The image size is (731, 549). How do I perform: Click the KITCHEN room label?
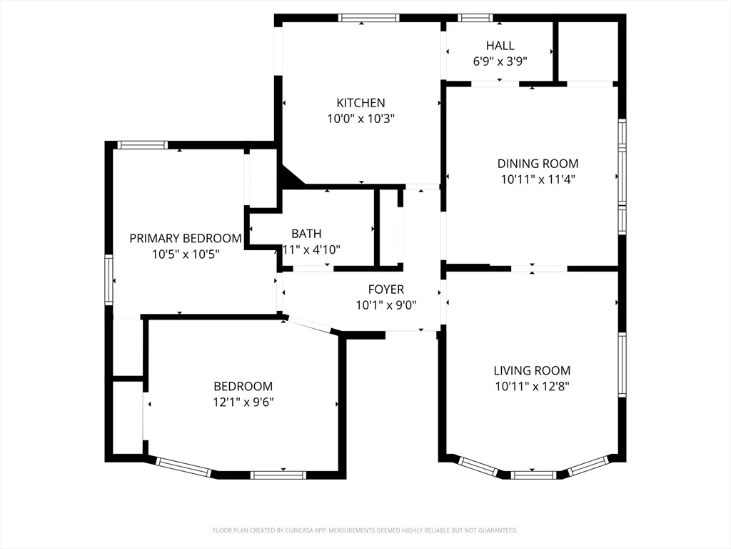[x=361, y=103]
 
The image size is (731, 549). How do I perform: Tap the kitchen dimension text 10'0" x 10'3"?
[x=361, y=119]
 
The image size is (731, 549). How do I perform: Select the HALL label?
[x=500, y=46]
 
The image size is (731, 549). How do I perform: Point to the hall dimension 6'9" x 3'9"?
[x=500, y=61]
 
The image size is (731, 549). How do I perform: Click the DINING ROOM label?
[x=538, y=164]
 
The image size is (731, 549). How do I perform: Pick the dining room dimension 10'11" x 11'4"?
[x=538, y=179]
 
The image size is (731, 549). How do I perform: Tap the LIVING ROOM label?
[x=532, y=370]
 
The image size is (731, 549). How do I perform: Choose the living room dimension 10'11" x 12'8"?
[x=532, y=386]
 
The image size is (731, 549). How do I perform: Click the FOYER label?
[x=385, y=290]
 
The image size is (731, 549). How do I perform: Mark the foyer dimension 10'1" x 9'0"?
[x=385, y=305]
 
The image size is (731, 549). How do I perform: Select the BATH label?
[x=306, y=234]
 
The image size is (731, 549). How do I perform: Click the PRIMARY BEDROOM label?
[x=186, y=238]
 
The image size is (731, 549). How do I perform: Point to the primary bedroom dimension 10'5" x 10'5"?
[x=186, y=254]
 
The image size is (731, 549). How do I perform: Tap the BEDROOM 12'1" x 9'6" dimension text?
[x=243, y=402]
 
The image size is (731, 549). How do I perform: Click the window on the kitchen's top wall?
[x=368, y=18]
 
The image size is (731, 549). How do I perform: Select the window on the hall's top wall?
[x=475, y=18]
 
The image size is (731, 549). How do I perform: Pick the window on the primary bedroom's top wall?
[x=142, y=145]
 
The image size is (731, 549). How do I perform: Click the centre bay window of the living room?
[x=533, y=474]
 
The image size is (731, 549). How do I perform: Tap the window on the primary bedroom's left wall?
[x=109, y=280]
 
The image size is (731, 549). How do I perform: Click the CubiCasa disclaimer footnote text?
[x=365, y=530]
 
